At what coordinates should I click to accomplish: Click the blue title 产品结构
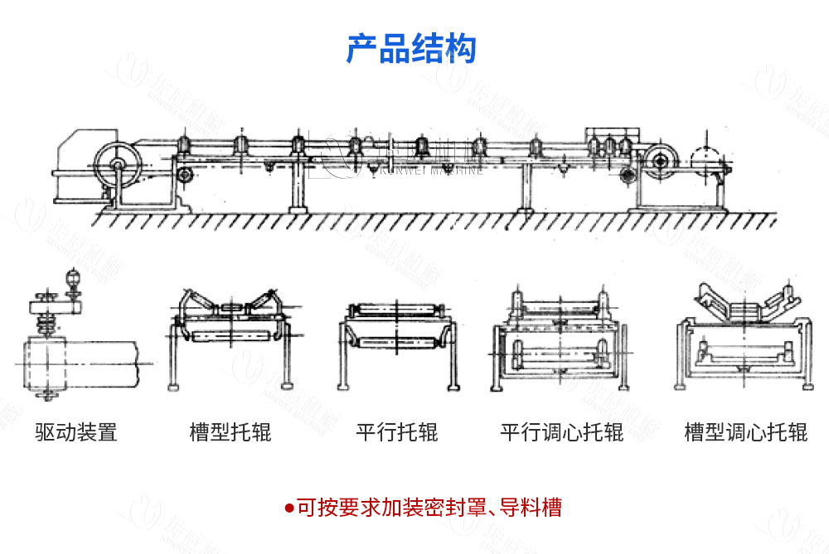(411, 49)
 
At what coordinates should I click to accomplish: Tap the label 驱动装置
(76, 431)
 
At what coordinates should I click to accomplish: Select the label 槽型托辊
(230, 431)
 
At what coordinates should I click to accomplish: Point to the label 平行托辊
(397, 431)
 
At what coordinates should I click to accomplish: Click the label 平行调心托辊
(561, 431)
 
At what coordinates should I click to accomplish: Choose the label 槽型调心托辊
(745, 431)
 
